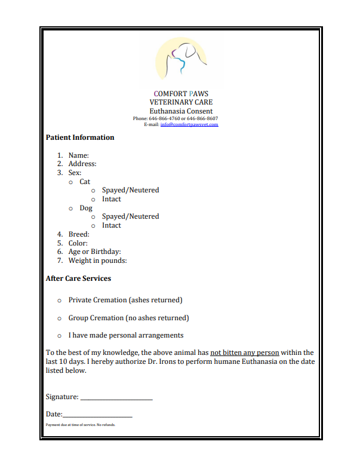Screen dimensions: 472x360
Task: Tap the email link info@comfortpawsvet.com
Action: click(189, 124)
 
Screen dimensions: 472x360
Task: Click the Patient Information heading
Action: click(80, 137)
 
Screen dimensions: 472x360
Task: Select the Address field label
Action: click(82, 164)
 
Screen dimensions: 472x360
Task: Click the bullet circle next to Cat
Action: click(71, 182)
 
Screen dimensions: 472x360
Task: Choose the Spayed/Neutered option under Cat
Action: click(130, 190)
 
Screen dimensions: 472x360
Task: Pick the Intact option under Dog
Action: click(111, 225)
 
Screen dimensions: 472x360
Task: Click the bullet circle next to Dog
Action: click(71, 208)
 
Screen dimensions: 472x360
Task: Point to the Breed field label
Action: click(79, 234)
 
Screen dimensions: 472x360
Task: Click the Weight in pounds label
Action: click(97, 260)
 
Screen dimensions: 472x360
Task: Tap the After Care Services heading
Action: click(78, 278)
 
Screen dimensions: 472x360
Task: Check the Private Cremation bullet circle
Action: click(59, 300)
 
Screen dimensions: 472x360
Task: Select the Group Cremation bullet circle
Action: click(59, 318)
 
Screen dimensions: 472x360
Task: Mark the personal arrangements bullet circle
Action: click(59, 336)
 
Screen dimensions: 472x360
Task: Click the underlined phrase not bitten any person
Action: click(245, 353)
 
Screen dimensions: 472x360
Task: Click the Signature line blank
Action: click(116, 397)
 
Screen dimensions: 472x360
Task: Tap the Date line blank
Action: click(97, 415)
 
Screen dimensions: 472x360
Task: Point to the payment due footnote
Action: click(81, 425)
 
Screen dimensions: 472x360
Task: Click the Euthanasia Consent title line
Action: click(181, 111)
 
